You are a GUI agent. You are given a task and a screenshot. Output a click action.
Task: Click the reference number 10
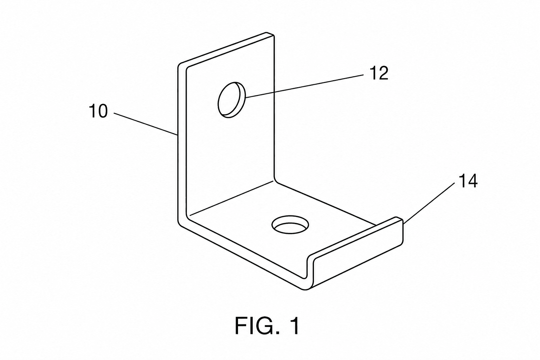[x=98, y=111]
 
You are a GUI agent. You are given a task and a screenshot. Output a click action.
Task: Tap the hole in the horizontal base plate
[x=290, y=225]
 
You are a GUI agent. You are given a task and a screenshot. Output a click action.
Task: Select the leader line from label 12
[x=304, y=86]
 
